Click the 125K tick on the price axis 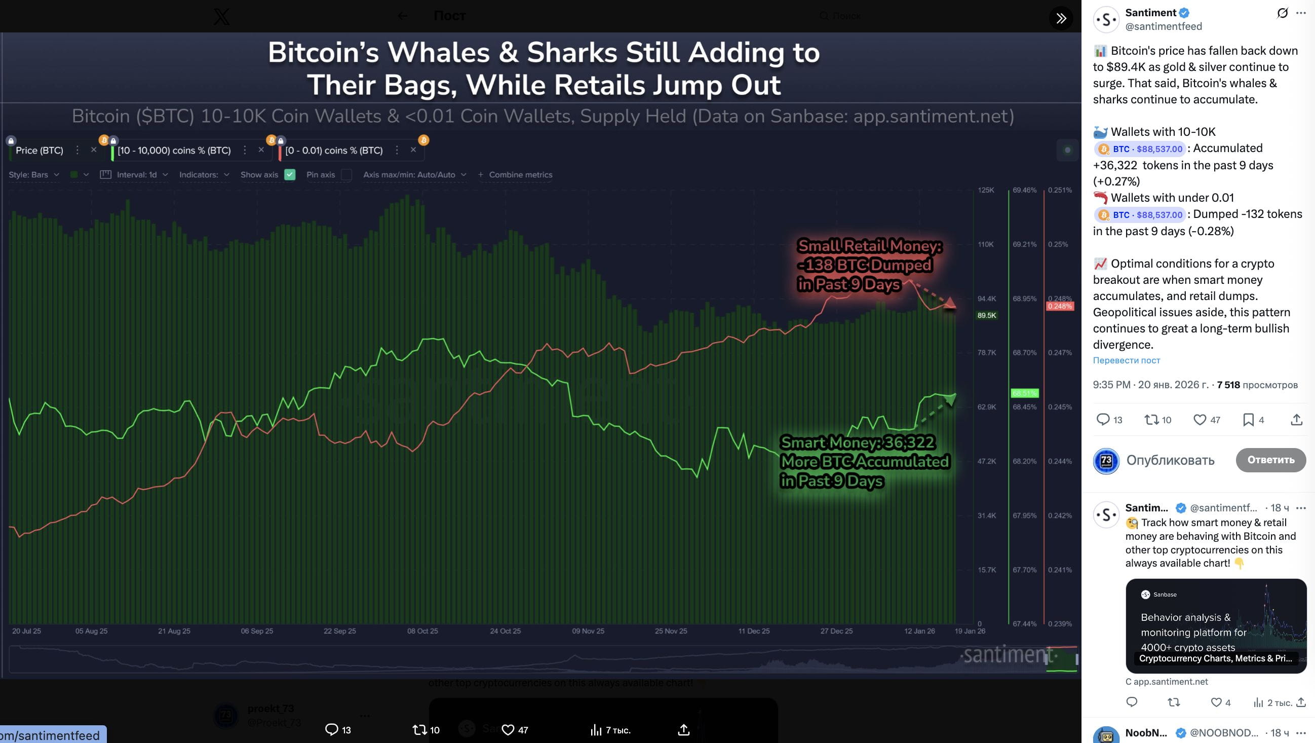pos(986,190)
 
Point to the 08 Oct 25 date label pos(422,631)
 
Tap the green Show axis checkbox pos(290,175)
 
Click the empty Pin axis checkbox pos(346,175)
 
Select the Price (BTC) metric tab pos(40,150)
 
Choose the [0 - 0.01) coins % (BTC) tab pos(334,150)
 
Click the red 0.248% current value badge pos(1060,307)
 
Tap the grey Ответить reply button pos(1270,460)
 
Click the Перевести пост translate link pos(1126,360)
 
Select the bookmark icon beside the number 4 pos(1248,420)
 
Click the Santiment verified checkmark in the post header pos(1184,13)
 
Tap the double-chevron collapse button pos(1061,18)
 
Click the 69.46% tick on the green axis pos(1025,190)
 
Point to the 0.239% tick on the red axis pos(1060,624)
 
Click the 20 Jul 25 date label pos(26,631)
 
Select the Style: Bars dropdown pos(34,175)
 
